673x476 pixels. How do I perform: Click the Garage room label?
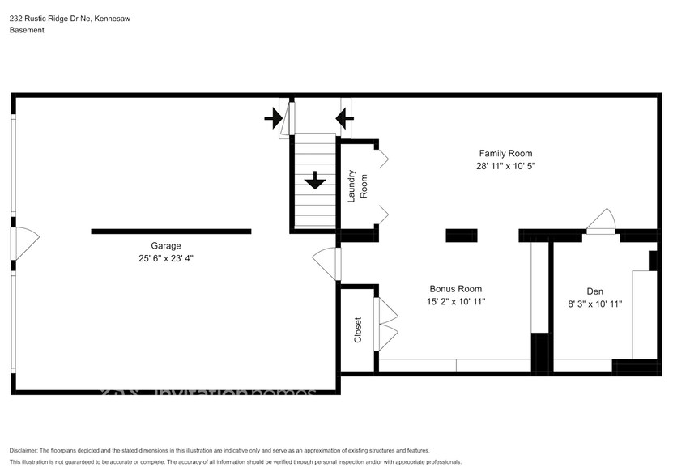[x=165, y=246]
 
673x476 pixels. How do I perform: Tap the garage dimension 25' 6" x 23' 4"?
[x=165, y=259]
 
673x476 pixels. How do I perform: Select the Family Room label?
[x=505, y=153]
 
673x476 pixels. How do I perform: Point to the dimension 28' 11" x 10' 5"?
[x=505, y=166]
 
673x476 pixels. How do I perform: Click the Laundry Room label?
[x=357, y=185]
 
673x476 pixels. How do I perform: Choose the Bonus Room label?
[x=455, y=289]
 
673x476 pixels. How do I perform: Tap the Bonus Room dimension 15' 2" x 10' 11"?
[x=455, y=302]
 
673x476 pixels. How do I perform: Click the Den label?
[x=595, y=291]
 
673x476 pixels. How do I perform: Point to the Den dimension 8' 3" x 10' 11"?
[x=595, y=304]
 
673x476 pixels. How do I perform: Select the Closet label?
[x=358, y=329]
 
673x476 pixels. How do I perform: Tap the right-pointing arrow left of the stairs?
[x=274, y=118]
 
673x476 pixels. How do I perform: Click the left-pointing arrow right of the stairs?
[x=344, y=118]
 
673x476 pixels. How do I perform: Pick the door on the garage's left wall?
[x=24, y=241]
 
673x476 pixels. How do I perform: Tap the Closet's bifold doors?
[x=386, y=324]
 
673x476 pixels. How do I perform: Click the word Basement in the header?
[x=27, y=30]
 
